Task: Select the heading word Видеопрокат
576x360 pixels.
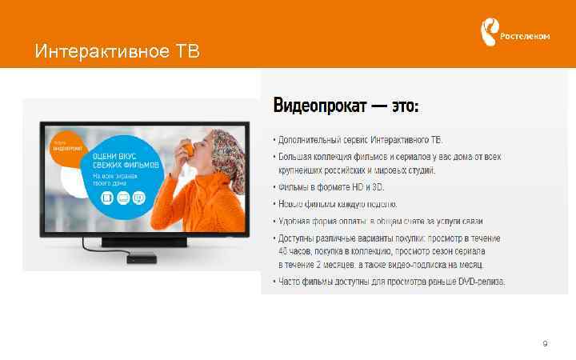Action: click(318, 106)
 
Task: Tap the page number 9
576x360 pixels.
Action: click(545, 344)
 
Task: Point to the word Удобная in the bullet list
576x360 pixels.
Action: click(295, 222)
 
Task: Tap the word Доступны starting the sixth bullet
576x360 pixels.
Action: click(296, 238)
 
